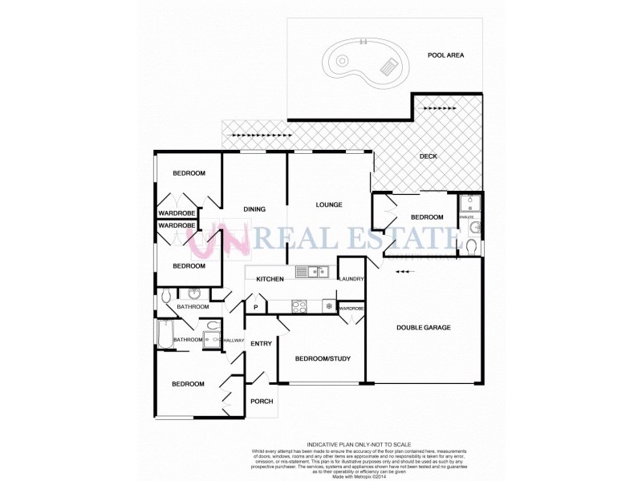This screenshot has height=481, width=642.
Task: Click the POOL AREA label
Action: [x=447, y=55]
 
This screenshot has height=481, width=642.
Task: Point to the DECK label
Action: [x=429, y=156]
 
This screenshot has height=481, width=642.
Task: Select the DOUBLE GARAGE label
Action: [x=424, y=327]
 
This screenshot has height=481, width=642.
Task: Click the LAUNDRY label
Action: [x=352, y=279]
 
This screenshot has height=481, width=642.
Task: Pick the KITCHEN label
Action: [x=270, y=279]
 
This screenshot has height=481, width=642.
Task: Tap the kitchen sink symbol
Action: [x=311, y=272]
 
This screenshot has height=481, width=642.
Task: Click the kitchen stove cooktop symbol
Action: [x=299, y=305]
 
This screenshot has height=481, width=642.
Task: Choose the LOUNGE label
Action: [x=329, y=204]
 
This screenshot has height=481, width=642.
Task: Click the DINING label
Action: [x=254, y=209]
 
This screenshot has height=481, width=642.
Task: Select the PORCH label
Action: [x=262, y=402]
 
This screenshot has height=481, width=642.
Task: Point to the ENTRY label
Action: [x=262, y=344]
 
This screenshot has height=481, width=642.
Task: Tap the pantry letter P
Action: [x=256, y=307]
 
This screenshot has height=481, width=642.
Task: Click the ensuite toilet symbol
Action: [x=471, y=244]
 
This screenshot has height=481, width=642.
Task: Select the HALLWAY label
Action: [x=234, y=340]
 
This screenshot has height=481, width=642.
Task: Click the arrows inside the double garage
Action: [x=406, y=272]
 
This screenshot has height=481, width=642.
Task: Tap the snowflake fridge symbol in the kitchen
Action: [x=327, y=305]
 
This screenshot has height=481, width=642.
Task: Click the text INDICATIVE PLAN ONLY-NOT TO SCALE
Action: [x=359, y=444]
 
